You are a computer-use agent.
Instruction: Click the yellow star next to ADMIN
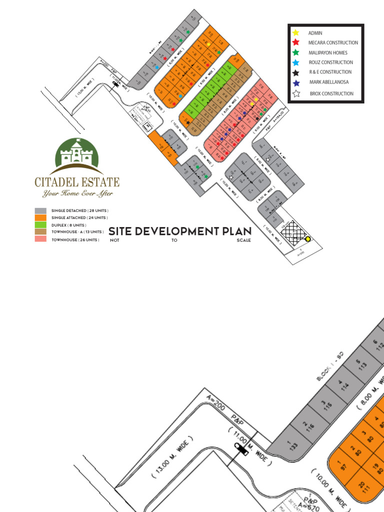(x=296, y=33)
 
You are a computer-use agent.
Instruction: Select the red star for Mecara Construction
(x=296, y=43)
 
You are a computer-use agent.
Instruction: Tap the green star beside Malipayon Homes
(x=296, y=52)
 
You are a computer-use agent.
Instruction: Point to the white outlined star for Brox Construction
(x=296, y=93)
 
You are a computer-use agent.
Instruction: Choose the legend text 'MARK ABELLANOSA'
(x=329, y=82)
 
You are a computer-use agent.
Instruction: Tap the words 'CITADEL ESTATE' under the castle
(x=77, y=181)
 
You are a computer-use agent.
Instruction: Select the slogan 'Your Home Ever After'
(x=77, y=193)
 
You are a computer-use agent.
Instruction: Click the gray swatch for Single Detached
(x=40, y=211)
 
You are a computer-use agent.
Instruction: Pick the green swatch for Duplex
(x=40, y=225)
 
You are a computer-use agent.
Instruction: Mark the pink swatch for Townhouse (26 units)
(x=40, y=239)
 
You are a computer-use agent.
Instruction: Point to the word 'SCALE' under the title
(x=244, y=240)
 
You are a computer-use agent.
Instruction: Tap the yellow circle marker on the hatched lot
(x=308, y=239)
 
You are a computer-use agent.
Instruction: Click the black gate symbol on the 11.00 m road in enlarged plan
(x=241, y=449)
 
